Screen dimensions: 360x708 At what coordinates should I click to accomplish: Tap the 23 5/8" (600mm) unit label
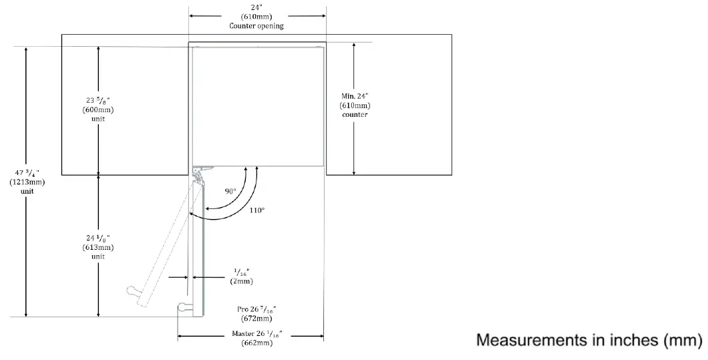tap(98, 110)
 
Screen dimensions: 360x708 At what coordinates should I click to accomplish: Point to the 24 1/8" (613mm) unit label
tap(98, 246)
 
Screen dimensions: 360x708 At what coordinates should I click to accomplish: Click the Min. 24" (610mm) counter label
tap(355, 105)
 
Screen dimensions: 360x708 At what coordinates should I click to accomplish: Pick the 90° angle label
tap(230, 191)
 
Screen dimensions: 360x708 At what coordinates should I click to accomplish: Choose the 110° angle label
tap(257, 210)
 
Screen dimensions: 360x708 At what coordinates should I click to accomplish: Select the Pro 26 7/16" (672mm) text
tap(256, 314)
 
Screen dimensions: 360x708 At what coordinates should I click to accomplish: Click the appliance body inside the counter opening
tap(258, 104)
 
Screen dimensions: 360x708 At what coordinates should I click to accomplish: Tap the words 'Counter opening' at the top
tap(256, 25)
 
